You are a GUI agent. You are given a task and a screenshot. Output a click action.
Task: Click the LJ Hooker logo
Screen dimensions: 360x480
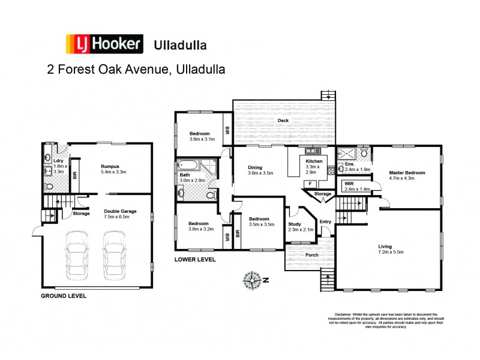point(104,44)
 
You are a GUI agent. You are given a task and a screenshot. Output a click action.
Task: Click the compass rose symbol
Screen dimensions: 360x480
point(253,280)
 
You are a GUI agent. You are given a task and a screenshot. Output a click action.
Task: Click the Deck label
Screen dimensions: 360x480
point(283,121)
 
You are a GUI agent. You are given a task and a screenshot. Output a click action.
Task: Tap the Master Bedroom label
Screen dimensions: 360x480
point(406,172)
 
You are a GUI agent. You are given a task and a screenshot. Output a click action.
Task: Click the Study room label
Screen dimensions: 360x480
point(296,223)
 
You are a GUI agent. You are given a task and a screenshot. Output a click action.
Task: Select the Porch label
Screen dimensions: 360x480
point(311,254)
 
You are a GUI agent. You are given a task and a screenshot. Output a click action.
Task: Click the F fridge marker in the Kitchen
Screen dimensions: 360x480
point(310,184)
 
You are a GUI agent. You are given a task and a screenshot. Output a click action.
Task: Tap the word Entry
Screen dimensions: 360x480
point(325,221)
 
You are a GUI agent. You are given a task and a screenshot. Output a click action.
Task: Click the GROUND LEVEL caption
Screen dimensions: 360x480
point(63,296)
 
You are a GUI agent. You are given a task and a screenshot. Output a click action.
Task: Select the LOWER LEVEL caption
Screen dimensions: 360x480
point(195,260)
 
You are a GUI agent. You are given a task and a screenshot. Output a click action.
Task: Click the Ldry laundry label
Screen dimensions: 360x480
point(58,160)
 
